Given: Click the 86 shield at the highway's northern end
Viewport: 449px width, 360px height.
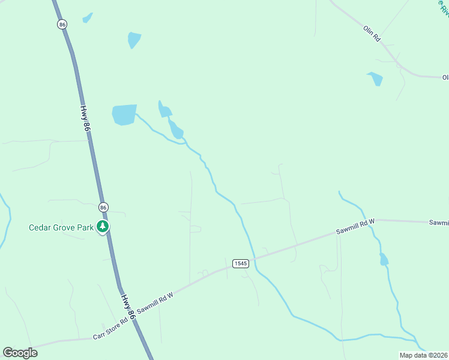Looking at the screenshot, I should point(62,24).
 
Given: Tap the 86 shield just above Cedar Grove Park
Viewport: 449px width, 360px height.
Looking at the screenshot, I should point(104,207).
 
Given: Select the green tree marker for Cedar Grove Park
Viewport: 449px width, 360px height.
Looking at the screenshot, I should point(104,227).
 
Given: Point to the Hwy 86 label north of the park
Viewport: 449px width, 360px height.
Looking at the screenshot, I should point(86,119).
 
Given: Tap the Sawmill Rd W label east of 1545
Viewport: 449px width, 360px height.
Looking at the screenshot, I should point(355,227).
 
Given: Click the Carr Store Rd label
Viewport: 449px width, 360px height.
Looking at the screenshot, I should point(111,328).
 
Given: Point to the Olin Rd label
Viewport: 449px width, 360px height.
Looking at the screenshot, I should point(372,34).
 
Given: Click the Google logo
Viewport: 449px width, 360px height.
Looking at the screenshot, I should point(20,353).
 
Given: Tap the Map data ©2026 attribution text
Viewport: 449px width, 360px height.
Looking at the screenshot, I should point(424,355).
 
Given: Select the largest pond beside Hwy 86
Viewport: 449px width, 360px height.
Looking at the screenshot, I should point(124,114).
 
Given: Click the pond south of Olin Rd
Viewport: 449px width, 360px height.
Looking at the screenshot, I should point(375,79).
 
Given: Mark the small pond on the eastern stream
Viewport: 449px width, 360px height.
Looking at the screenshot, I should point(384,260).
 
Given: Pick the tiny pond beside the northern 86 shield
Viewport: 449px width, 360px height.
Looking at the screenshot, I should point(88,18).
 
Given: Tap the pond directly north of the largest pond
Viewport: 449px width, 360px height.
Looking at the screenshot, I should point(134,40).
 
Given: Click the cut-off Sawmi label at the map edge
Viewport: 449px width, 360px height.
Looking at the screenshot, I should point(439,223).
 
